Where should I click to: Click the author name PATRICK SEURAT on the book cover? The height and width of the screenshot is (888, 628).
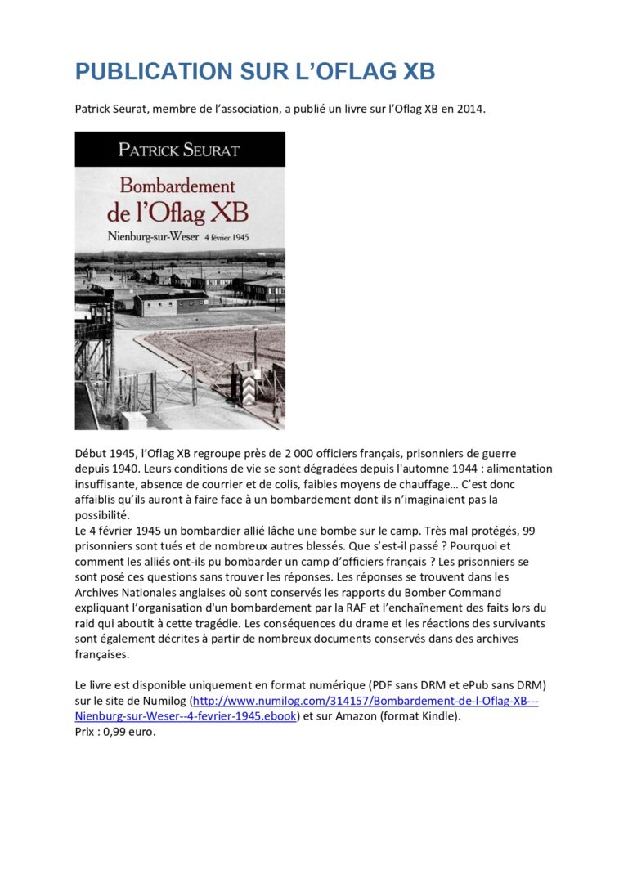coord(180,150)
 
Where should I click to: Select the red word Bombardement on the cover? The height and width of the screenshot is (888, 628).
coord(177,185)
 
